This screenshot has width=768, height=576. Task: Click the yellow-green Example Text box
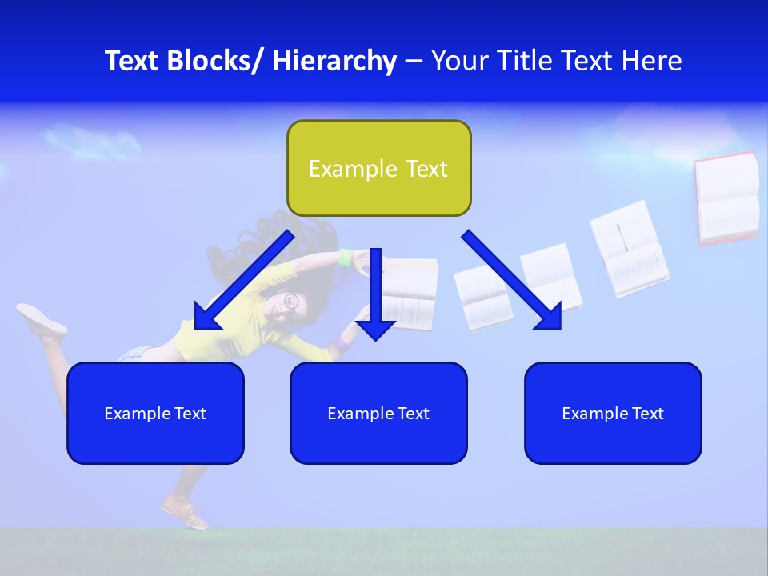(378, 168)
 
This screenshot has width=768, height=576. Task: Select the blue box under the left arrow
(155, 413)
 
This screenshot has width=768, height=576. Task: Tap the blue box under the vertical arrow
(378, 413)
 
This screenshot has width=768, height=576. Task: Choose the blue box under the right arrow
(613, 413)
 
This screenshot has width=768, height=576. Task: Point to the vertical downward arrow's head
(375, 328)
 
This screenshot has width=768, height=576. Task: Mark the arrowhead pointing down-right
(549, 318)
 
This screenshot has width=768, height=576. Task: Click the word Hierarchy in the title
(334, 62)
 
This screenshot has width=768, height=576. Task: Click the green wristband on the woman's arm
(346, 258)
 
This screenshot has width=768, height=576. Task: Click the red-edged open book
(726, 198)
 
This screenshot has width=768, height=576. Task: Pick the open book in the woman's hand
(410, 294)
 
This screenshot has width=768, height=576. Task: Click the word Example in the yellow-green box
(342, 169)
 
